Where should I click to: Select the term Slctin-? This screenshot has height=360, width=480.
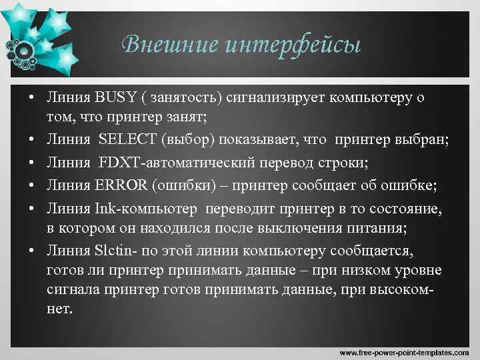[x=120, y=251]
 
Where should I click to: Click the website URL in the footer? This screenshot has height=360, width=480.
[x=407, y=352]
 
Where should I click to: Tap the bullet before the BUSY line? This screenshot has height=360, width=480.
[x=31, y=99]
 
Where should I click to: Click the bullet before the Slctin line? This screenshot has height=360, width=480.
[x=31, y=251]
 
